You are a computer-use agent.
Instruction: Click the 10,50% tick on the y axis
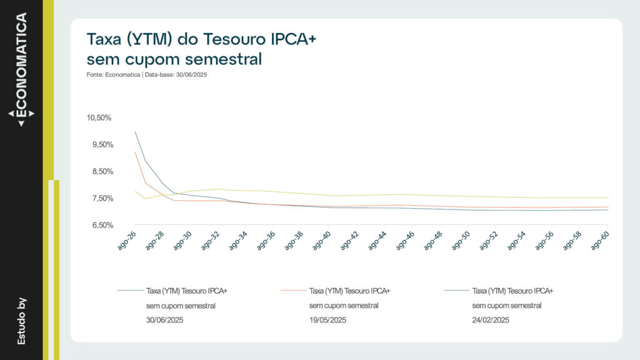[x=99, y=118]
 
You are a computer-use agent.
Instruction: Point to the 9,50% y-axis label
[x=101, y=145]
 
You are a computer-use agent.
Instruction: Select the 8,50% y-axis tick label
[x=101, y=172]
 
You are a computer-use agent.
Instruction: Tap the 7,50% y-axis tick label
[x=101, y=199]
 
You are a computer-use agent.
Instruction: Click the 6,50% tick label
[x=101, y=225]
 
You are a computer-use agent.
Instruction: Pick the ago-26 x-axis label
[x=127, y=241]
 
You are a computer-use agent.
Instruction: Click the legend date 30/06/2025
[x=165, y=321]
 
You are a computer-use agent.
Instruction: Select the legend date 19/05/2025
[x=328, y=321]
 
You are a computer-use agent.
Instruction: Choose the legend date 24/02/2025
[x=491, y=321]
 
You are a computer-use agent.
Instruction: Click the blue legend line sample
[x=130, y=291]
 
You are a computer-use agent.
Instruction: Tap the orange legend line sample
[x=293, y=291]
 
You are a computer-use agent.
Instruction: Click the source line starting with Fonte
[x=147, y=75]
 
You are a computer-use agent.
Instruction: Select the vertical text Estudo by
[x=21, y=321]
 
